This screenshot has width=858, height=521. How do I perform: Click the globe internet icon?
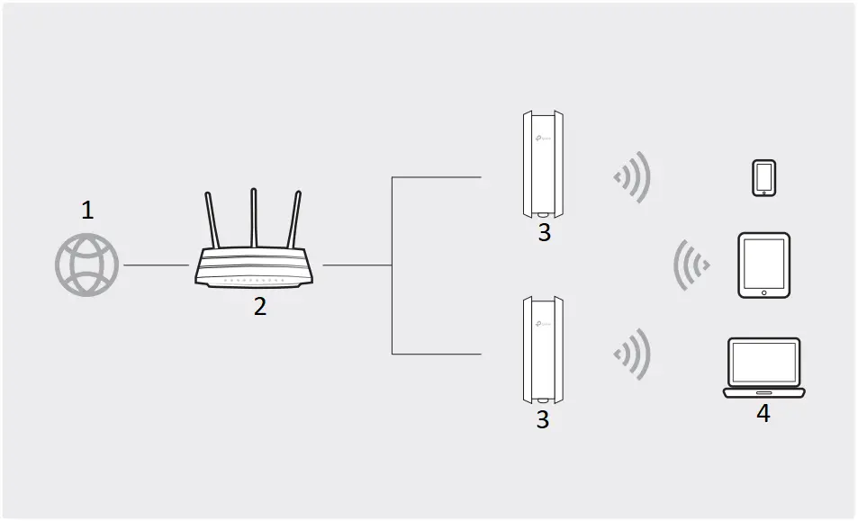click(x=86, y=265)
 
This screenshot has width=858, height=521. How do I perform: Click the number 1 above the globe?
click(x=86, y=211)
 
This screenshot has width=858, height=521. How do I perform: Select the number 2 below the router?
click(x=259, y=307)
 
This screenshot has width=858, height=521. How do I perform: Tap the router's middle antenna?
click(x=255, y=216)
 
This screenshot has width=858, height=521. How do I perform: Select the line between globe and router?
click(x=155, y=265)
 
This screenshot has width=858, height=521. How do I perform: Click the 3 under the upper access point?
click(x=543, y=234)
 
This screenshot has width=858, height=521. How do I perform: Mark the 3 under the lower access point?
click(x=542, y=420)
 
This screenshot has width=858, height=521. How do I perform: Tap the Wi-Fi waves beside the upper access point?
click(x=633, y=176)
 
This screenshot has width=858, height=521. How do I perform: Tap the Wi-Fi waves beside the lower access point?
click(x=633, y=352)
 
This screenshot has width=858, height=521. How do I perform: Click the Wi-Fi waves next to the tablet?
click(x=691, y=265)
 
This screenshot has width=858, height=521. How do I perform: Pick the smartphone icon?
click(x=763, y=177)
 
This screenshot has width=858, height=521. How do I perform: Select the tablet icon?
click(x=763, y=265)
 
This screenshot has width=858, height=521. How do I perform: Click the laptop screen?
click(x=763, y=362)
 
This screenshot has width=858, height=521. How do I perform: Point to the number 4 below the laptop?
click(x=763, y=414)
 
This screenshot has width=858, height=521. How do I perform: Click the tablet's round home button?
click(x=763, y=292)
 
